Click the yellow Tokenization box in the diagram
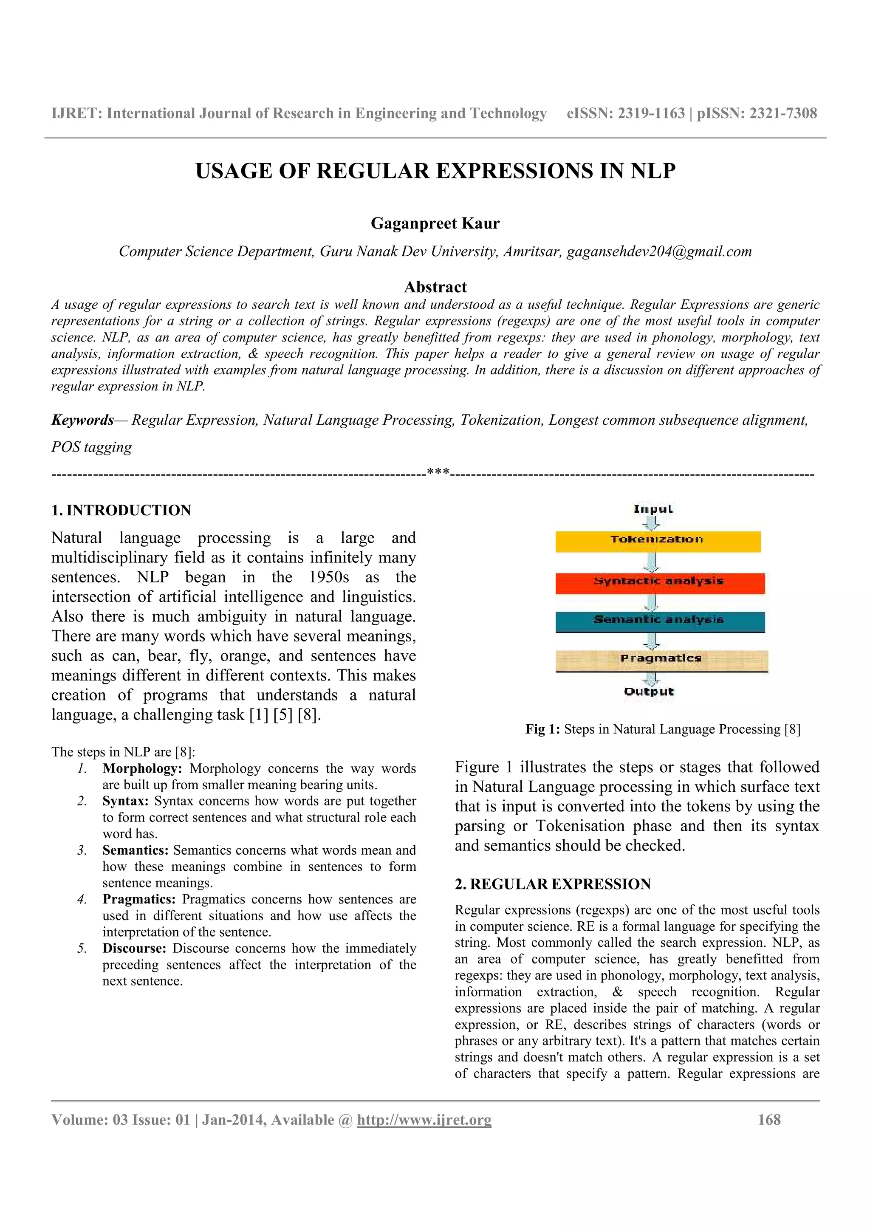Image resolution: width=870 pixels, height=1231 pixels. coord(657,541)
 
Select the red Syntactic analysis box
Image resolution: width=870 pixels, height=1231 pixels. coord(659,583)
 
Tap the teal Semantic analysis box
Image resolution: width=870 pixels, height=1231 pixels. coord(659,621)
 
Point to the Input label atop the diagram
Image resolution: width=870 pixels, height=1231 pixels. coord(653,509)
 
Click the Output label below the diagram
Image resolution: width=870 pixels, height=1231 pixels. coord(649,692)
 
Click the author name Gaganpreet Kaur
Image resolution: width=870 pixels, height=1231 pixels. coord(435,223)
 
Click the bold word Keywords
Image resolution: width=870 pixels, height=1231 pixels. coord(82,420)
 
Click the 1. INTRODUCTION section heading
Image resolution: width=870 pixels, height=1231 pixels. coord(121,510)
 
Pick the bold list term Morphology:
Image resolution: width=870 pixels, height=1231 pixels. coord(142,768)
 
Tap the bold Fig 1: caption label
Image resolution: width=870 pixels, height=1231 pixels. coord(542,729)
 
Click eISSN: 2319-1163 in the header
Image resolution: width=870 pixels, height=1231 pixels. coord(626,113)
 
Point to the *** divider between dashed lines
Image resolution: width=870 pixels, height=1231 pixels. coord(438,472)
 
